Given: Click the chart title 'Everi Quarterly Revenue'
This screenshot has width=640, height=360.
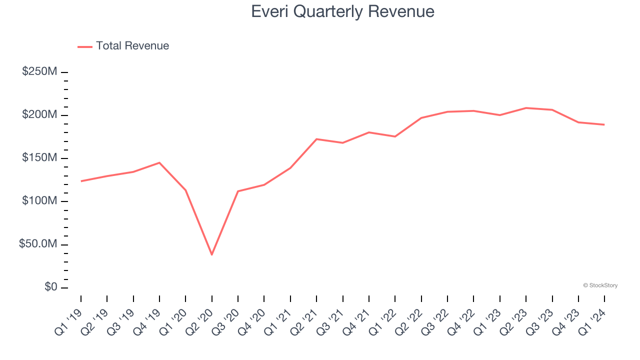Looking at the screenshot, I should [x=342, y=11].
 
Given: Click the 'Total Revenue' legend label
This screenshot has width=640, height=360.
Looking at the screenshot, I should [x=132, y=46].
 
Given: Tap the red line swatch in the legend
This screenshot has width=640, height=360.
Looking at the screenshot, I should [x=85, y=47].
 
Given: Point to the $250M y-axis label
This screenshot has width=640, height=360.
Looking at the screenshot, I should [x=39, y=71].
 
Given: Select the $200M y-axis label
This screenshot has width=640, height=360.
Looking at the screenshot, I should [x=39, y=115].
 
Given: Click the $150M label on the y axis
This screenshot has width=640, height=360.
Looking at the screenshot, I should [x=39, y=158].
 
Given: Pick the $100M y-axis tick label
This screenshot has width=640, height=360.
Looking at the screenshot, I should [x=39, y=201].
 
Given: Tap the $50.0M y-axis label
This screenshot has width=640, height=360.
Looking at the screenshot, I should [x=38, y=244].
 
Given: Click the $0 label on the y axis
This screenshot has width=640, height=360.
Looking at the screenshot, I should [x=50, y=287].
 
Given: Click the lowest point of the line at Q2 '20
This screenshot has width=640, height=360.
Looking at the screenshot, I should [x=212, y=254].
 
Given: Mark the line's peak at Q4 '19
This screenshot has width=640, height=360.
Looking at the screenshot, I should [x=159, y=162].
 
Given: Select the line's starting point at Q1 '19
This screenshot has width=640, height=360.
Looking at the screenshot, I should [x=81, y=181].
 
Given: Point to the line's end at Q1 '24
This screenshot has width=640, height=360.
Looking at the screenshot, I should [x=604, y=124].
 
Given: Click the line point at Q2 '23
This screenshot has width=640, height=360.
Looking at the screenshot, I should [x=526, y=108].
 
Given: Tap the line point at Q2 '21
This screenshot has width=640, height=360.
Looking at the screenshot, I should [x=316, y=139].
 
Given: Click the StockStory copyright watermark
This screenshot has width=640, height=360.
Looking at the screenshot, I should [x=600, y=285].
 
